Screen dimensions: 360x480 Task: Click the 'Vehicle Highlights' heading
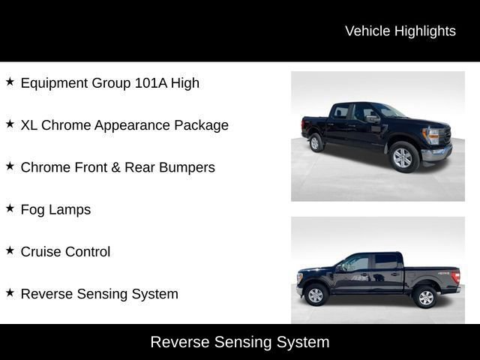pyautogui.click(x=400, y=31)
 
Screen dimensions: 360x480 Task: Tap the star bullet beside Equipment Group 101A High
pyautogui.click(x=10, y=82)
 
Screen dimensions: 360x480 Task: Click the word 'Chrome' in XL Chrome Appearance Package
pyautogui.click(x=66, y=125)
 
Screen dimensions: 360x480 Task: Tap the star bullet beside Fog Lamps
pyautogui.click(x=10, y=208)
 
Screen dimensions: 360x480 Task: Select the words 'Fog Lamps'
pyautogui.click(x=55, y=210)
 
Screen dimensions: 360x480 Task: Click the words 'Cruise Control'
pyautogui.click(x=65, y=252)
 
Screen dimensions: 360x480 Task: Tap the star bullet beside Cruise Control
pyautogui.click(x=10, y=250)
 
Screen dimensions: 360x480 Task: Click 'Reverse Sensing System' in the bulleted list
pyautogui.click(x=99, y=294)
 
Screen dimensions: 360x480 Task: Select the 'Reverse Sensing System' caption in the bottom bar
pyautogui.click(x=240, y=342)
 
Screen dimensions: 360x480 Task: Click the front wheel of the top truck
pyautogui.click(x=403, y=157)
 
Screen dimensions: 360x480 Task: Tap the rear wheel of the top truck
pyautogui.click(x=316, y=142)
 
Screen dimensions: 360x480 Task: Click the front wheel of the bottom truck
pyautogui.click(x=316, y=295)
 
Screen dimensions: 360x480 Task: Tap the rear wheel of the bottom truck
pyautogui.click(x=425, y=297)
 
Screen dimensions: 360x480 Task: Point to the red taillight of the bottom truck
pyautogui.click(x=455, y=277)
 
